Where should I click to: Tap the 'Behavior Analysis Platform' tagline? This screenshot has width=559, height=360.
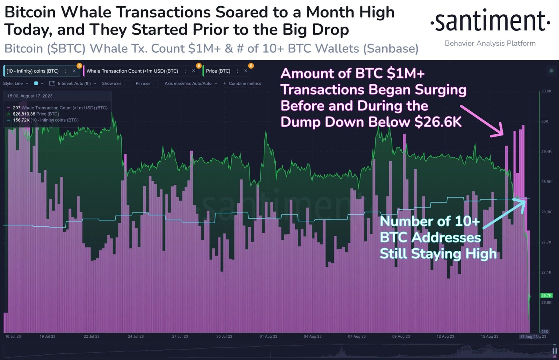(490, 43)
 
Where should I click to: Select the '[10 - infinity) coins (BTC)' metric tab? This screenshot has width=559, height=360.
(32, 71)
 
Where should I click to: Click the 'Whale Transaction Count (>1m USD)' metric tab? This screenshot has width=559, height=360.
(132, 71)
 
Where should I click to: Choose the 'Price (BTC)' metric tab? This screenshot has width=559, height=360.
(218, 71)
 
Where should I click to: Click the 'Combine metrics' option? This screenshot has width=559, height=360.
(245, 83)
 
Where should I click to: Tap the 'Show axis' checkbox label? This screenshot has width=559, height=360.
(111, 83)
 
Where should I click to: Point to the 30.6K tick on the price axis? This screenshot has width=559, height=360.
(546, 91)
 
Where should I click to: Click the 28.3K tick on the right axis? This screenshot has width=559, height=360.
(546, 212)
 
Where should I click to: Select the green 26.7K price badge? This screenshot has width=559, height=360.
(546, 295)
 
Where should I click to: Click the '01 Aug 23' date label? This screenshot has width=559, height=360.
(268, 336)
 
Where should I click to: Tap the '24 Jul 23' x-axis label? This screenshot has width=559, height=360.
(136, 336)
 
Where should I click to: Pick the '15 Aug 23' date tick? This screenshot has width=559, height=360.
(489, 336)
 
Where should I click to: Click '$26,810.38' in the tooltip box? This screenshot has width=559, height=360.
(24, 114)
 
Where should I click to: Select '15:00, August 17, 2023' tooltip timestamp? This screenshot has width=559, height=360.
(30, 96)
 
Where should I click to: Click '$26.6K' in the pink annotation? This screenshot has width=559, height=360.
(438, 122)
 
